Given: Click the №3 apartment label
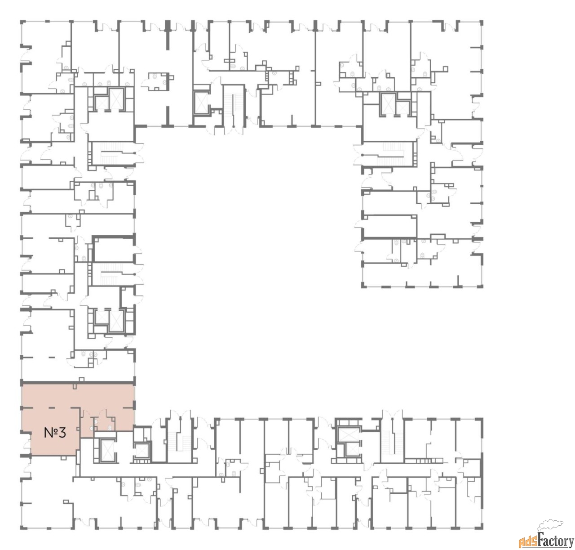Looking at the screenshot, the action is pos(55,433).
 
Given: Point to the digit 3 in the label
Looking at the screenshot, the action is pos(62,433).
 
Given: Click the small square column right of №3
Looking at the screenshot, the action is pos(78,429).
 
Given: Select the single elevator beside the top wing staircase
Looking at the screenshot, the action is pos(201,103).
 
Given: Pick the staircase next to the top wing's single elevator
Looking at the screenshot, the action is pos(234,109).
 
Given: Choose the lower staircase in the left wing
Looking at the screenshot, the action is pos(112,274).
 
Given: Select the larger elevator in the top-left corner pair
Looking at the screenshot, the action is pos(116,98).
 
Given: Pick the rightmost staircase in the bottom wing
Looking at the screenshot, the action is pos(392,441).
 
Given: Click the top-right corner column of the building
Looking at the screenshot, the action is pos(481,22).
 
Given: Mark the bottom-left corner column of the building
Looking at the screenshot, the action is pos(22,527).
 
